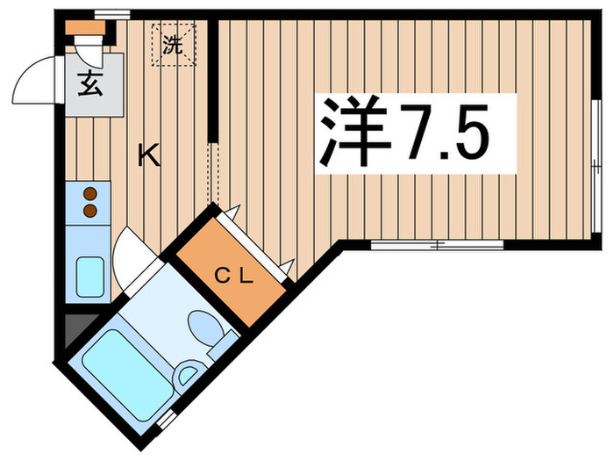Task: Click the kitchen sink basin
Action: pos(89,277)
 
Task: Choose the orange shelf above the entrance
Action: pos(87,27)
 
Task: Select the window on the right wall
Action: pos(596,167)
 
